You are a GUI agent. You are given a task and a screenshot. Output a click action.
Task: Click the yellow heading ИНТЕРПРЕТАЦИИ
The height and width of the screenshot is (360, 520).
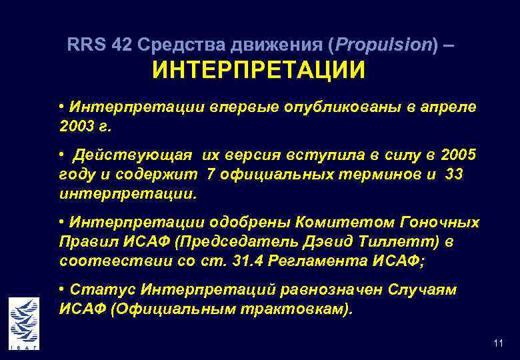click(x=259, y=70)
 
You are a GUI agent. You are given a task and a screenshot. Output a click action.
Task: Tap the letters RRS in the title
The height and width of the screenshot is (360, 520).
click(x=85, y=45)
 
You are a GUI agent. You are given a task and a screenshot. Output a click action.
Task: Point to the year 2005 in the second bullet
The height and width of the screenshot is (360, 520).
click(x=459, y=155)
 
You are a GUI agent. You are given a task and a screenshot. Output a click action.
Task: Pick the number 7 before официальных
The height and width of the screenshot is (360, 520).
click(x=212, y=175)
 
